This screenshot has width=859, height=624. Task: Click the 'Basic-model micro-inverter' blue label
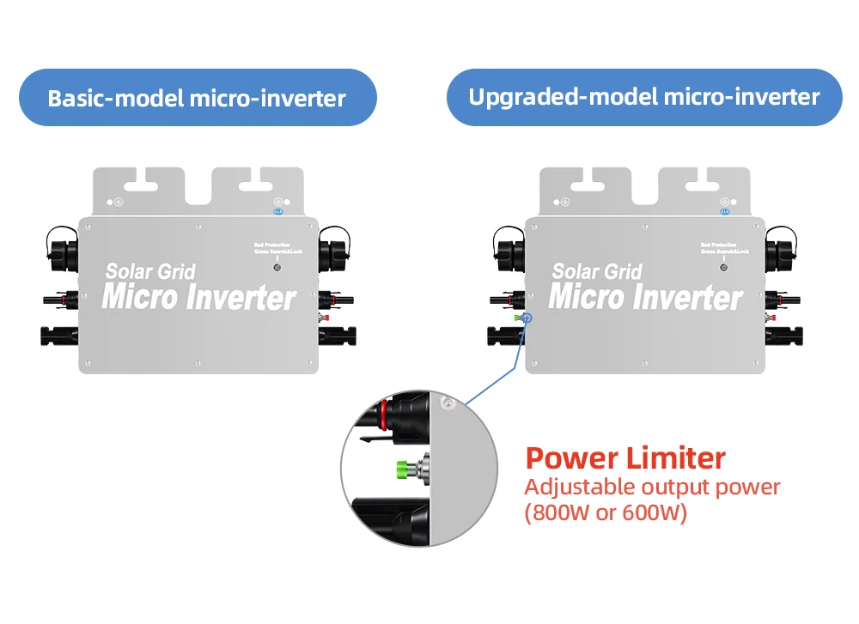coord(197,98)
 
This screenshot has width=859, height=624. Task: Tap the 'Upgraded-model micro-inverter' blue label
coord(643,97)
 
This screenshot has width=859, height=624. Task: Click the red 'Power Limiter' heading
coord(625,457)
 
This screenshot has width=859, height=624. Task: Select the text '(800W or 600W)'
coord(606,515)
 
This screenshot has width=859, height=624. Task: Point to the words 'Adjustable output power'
coord(652,488)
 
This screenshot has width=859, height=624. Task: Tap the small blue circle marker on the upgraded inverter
coord(527,318)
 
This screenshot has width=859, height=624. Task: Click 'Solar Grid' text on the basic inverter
coord(150,272)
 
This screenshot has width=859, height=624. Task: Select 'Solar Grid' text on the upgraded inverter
coord(597,272)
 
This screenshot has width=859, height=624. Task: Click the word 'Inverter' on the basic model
coord(241,298)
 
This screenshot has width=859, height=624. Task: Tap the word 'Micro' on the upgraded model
coord(585,298)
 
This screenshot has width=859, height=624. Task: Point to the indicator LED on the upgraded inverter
coord(723,267)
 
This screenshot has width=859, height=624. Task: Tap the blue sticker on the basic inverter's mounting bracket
coord(277,210)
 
